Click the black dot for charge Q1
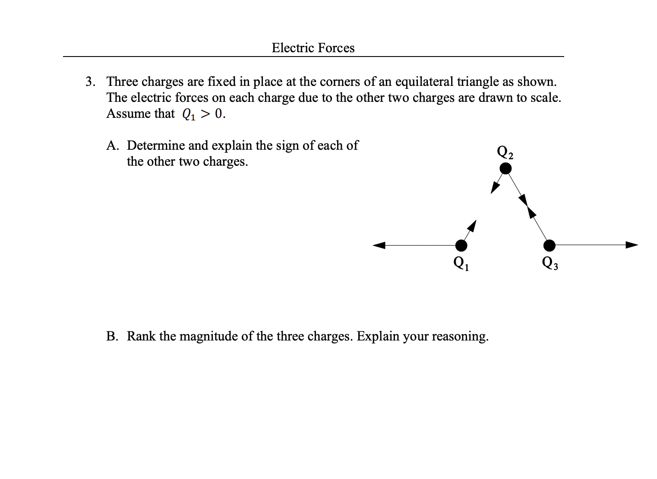click(461, 246)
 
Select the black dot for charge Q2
click(505, 168)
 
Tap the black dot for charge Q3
click(549, 246)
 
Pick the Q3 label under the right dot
click(550, 262)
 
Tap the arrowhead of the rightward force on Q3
click(632, 245)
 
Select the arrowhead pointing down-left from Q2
click(495, 188)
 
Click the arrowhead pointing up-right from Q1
click(472, 225)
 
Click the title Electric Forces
click(313, 48)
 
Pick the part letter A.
click(111, 145)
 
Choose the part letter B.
click(111, 336)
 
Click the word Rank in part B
click(141, 336)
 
